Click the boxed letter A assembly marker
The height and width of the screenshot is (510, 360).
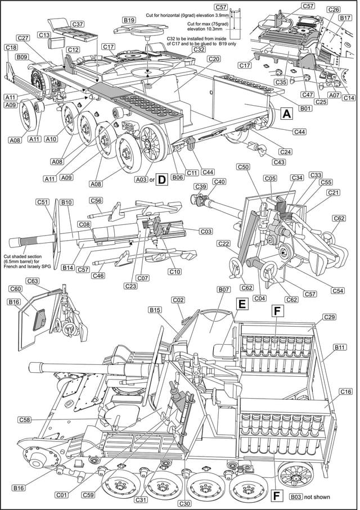[x=286, y=114]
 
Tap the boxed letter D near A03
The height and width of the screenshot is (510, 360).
[x=161, y=179]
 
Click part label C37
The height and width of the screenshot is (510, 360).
[x=78, y=25]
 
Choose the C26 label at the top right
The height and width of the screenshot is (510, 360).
[x=334, y=10]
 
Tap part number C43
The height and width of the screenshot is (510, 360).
[x=278, y=162]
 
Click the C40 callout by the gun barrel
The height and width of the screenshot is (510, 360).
[x=219, y=182]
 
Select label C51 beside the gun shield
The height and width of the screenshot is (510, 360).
[x=43, y=202]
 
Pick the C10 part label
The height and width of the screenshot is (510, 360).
[x=174, y=272]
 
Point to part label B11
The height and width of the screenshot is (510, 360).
[x=340, y=348]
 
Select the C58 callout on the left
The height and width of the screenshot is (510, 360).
[x=24, y=419]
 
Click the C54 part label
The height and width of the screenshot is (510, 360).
[x=338, y=291]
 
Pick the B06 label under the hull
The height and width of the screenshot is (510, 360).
[x=178, y=177]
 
